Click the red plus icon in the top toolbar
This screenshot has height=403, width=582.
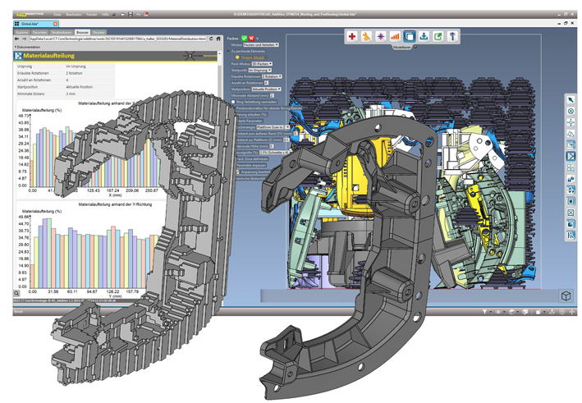352,37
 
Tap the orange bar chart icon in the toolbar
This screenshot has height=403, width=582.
395,37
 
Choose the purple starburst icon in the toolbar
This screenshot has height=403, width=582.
381,37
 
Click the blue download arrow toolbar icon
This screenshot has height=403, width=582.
423,37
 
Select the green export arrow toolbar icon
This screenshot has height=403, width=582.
438,37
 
